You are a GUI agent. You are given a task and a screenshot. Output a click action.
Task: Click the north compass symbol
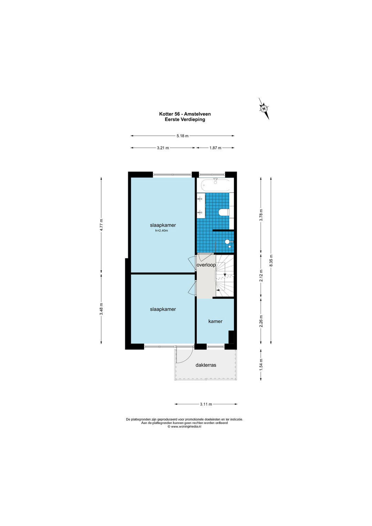click(264, 109)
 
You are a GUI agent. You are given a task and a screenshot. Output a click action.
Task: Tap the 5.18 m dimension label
click(183, 136)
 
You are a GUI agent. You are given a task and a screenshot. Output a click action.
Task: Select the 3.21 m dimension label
click(163, 148)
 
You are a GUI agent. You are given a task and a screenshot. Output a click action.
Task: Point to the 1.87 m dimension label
click(215, 148)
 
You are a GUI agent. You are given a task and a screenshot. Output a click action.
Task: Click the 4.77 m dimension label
click(101, 225)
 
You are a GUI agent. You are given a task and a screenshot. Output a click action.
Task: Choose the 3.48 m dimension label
click(101, 309)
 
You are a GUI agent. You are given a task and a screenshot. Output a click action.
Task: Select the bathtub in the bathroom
click(215, 185)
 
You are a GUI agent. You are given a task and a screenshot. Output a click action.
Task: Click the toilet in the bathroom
click(224, 212)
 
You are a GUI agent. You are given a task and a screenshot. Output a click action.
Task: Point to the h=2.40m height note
click(162, 230)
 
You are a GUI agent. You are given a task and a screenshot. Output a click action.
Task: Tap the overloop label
click(206, 265)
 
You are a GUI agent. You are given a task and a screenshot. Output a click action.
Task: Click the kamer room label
click(215, 321)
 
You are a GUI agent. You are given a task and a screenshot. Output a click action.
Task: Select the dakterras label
click(206, 365)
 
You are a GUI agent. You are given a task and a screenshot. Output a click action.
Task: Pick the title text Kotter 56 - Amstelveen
click(185, 114)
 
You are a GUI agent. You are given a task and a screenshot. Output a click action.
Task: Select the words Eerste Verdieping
click(185, 119)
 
